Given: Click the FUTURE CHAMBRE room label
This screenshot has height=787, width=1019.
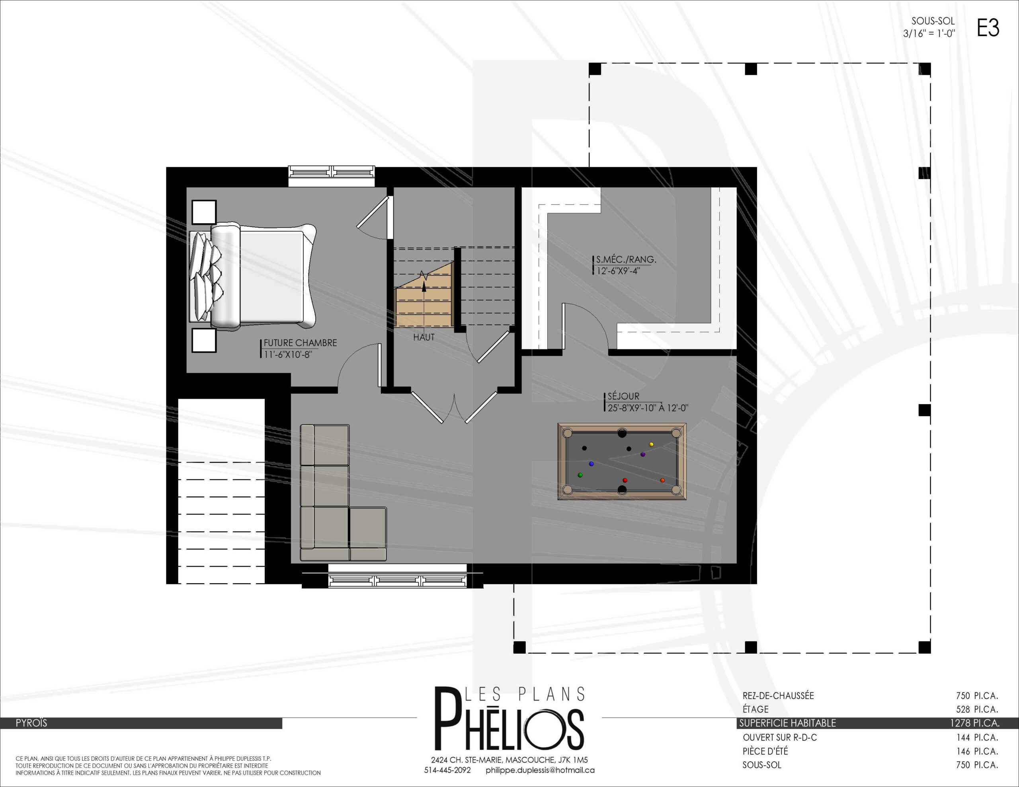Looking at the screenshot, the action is pyautogui.click(x=300, y=343).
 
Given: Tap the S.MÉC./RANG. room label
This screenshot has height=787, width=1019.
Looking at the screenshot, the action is pyautogui.click(x=626, y=259).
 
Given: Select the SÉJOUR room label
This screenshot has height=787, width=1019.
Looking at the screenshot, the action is pyautogui.click(x=623, y=396).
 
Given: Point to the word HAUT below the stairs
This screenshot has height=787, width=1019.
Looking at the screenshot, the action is pyautogui.click(x=424, y=337).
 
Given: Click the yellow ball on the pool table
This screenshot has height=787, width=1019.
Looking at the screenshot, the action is pyautogui.click(x=651, y=444).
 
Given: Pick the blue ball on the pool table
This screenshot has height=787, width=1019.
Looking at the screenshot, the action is pyautogui.click(x=591, y=464).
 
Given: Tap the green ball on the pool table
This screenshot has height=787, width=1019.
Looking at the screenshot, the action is pyautogui.click(x=580, y=475).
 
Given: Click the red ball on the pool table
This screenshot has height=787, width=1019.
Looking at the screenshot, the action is pyautogui.click(x=625, y=480).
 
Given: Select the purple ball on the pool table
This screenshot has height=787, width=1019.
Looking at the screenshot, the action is pyautogui.click(x=642, y=454).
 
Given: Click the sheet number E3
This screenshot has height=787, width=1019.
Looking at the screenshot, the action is pyautogui.click(x=988, y=28).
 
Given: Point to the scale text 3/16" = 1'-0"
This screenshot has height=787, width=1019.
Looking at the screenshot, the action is pyautogui.click(x=929, y=33).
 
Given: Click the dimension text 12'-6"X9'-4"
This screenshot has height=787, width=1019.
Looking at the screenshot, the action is pyautogui.click(x=618, y=271).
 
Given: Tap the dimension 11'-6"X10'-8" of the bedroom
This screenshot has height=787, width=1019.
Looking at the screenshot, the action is pyautogui.click(x=288, y=355).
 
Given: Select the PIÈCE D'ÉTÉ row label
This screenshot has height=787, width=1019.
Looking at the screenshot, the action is pyautogui.click(x=765, y=751).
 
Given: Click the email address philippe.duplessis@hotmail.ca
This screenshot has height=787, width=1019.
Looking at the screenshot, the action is pyautogui.click(x=540, y=770).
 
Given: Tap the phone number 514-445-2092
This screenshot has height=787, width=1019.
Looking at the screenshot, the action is pyautogui.click(x=447, y=770).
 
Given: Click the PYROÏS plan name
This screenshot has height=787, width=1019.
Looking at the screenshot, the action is pyautogui.click(x=31, y=723).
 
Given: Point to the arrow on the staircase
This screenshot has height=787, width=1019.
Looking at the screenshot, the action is pyautogui.click(x=424, y=301).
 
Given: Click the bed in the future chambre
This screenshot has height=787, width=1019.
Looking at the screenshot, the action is pyautogui.click(x=252, y=276).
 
